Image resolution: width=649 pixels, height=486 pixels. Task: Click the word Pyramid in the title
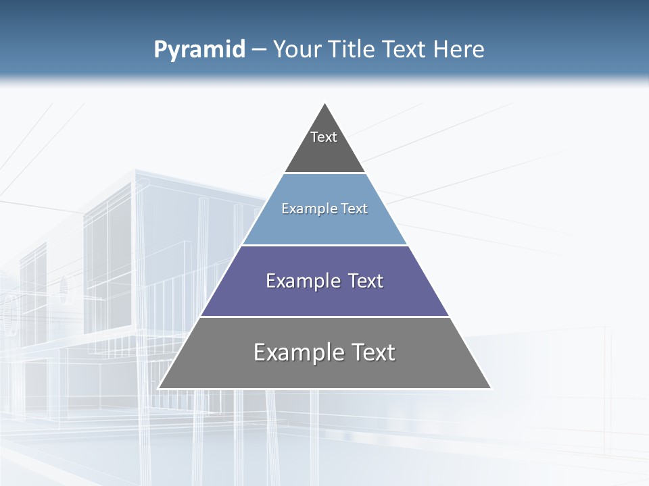coord(199,50)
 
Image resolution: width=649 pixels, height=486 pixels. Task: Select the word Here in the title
coord(458,49)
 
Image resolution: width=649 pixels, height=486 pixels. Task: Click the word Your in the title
coord(297,49)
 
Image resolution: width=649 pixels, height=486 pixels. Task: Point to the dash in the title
coord(258,50)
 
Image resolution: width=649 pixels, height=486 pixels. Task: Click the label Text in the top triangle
coord(324,137)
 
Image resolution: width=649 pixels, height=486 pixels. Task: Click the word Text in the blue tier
coord(355,209)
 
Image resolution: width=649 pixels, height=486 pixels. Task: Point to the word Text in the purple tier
coord(366,281)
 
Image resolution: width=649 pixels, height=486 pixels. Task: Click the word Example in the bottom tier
coord(298,352)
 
